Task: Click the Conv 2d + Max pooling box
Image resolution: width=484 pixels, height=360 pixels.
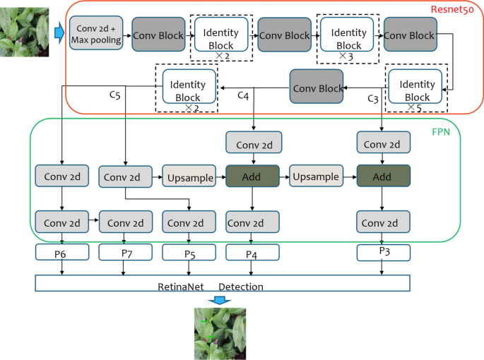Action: [96, 35]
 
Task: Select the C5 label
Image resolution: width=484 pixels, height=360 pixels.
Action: [114, 93]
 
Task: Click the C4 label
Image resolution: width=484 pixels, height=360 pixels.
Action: [242, 95]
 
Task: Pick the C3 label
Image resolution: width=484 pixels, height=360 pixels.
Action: [373, 98]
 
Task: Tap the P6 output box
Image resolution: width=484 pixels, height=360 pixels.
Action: [62, 252]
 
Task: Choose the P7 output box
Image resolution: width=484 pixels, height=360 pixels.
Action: [126, 252]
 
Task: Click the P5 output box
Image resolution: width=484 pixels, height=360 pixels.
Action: [189, 253]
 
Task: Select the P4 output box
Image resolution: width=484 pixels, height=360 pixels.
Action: [252, 253]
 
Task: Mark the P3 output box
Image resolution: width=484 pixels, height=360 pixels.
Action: [383, 252]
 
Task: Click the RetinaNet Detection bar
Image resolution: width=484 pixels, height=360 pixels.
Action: [223, 284]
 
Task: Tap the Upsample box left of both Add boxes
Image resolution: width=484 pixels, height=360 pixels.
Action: [189, 176]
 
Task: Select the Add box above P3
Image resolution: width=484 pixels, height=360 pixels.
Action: [383, 176]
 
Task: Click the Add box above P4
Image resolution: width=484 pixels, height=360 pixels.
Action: [253, 176]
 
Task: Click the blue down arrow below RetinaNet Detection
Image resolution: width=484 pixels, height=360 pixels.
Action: [220, 300]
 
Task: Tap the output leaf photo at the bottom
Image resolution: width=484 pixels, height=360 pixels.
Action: [220, 333]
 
